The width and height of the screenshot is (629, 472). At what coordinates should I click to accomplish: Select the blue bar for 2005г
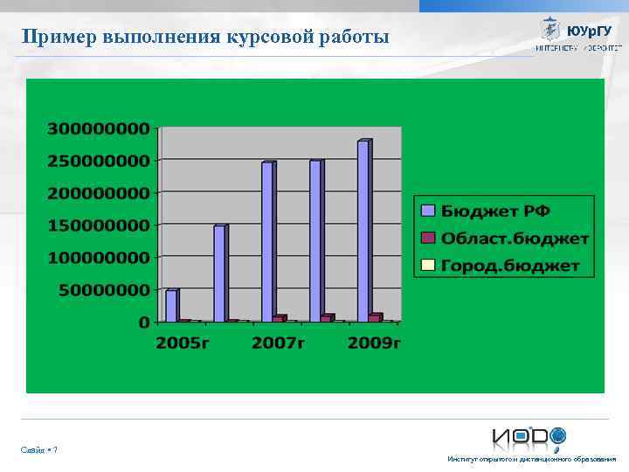tap(172, 305)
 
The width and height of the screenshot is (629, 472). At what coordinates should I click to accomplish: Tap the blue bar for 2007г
tap(268, 241)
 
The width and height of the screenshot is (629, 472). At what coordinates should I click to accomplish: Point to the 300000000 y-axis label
tap(98, 128)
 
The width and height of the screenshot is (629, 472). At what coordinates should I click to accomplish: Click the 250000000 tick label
tap(98, 161)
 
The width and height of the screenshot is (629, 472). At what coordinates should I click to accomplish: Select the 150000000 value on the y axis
tap(98, 226)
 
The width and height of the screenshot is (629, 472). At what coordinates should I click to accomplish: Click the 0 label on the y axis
tap(144, 322)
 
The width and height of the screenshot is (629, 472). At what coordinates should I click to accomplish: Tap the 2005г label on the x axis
tap(183, 343)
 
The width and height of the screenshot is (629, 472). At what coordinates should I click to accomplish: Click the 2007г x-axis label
tap(279, 343)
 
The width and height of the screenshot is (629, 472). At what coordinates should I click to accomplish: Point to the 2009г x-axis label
tap(374, 343)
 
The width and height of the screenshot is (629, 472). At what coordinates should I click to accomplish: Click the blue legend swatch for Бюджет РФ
tap(427, 211)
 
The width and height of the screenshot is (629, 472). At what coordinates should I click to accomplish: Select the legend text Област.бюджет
tap(515, 238)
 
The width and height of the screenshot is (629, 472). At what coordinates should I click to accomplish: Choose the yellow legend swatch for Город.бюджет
tap(427, 265)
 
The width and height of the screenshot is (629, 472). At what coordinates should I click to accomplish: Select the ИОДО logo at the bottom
tap(529, 436)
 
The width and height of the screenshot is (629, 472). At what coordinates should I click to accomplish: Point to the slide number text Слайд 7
tap(39, 450)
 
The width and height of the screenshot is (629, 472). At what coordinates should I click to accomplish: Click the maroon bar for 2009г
tap(375, 317)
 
